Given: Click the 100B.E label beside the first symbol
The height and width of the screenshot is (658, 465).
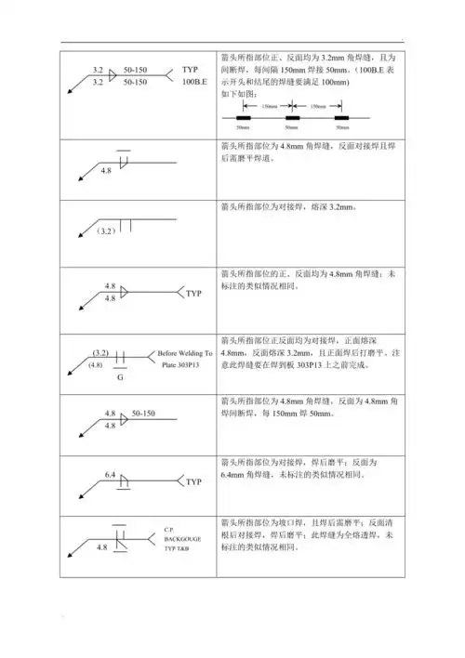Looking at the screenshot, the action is (194, 83).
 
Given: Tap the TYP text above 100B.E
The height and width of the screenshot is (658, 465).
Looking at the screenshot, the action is (190, 70).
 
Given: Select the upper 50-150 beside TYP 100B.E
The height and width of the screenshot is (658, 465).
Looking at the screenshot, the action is (136, 70).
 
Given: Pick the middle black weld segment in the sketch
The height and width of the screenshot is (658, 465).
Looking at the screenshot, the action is (292, 119).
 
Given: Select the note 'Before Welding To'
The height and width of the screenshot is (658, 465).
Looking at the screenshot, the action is (185, 354).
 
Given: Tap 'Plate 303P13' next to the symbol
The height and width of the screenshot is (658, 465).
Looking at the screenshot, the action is (181, 366).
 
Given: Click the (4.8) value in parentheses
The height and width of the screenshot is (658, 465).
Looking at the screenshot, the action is (95, 366).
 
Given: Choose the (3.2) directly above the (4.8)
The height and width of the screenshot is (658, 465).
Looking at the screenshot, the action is (102, 353).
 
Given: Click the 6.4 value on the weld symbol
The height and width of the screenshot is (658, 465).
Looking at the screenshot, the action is (110, 475).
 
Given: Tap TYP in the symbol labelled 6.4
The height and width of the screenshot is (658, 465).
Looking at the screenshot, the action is (193, 482).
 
